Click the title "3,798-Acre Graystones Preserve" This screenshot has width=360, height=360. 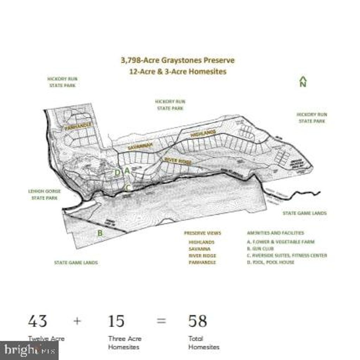point(178,60)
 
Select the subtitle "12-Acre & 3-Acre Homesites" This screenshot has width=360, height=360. point(178,71)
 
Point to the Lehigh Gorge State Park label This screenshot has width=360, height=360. point(44,194)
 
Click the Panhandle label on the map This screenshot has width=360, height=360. point(79,126)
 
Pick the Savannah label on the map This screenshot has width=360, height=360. point(140,146)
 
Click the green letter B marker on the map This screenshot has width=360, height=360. point(100,233)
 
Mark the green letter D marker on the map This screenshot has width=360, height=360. point(118,172)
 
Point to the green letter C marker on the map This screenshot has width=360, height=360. point(128,188)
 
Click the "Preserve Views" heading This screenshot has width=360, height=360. point(202,233)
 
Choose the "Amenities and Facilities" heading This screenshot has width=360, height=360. point(275,233)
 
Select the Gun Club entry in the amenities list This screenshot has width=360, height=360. point(260,249)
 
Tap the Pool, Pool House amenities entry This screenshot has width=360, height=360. point(270,262)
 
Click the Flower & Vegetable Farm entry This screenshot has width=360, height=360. point(281,242)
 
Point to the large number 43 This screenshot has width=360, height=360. point(38,321)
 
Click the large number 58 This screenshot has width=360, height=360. point(198,321)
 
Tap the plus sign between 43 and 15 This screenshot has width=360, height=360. point(77,321)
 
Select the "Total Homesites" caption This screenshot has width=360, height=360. point(204,343)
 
